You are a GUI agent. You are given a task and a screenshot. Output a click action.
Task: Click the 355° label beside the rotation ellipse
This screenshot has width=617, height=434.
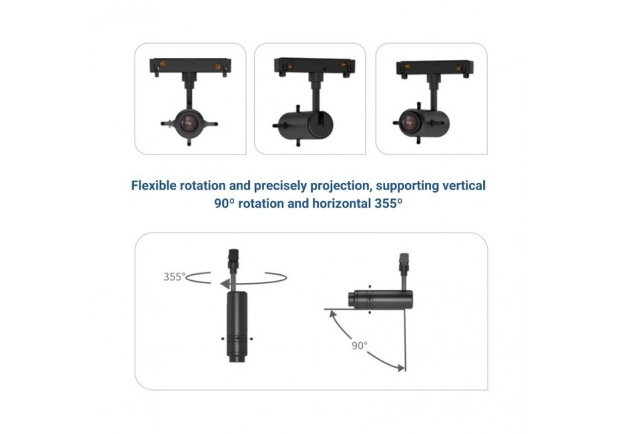(x=174, y=277)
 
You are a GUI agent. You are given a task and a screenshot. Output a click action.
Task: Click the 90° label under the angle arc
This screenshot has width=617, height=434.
(x=360, y=345)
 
